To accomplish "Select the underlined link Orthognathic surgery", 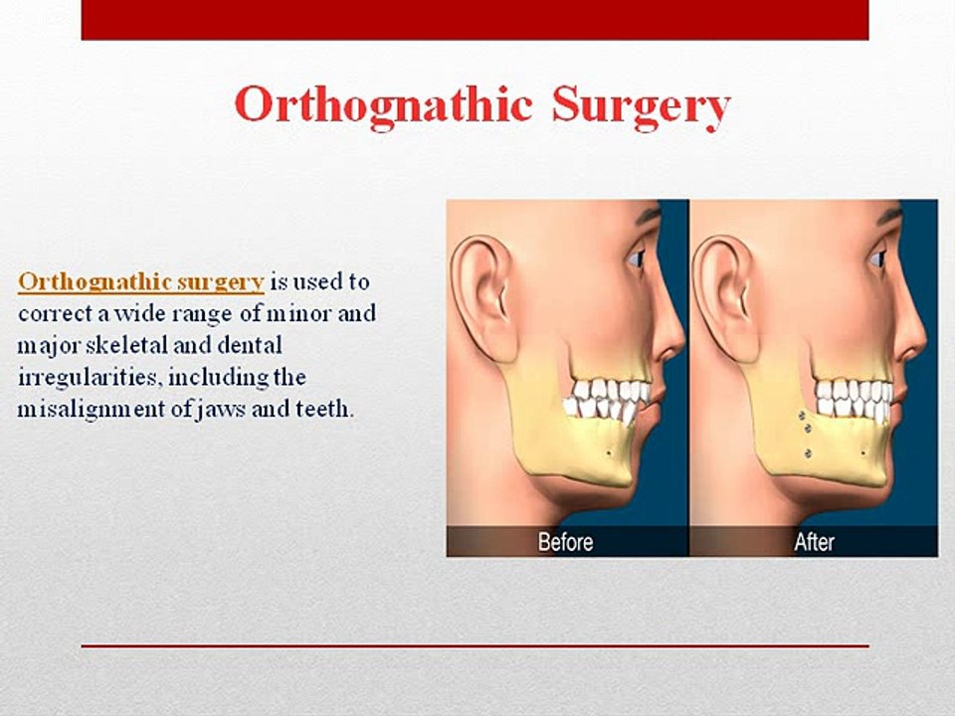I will pyautogui.click(x=140, y=281).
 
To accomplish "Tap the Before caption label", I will pyautogui.click(x=565, y=543).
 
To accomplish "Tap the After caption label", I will pyautogui.click(x=814, y=543).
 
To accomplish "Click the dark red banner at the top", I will pyautogui.click(x=475, y=19).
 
